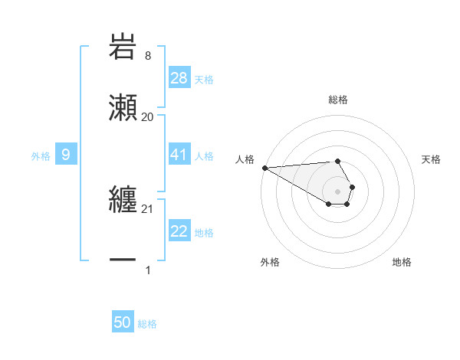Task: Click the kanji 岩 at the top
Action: (123, 47)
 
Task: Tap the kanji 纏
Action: (123, 201)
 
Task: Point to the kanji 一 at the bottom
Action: (123, 260)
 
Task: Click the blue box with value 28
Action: (179, 78)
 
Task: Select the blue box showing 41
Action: (179, 155)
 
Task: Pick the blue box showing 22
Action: (179, 232)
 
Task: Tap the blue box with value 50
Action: (123, 323)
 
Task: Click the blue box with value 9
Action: (66, 155)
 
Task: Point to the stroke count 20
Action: (147, 117)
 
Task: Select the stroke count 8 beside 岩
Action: (147, 56)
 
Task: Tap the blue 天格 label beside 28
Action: (204, 79)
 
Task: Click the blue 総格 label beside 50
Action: (147, 324)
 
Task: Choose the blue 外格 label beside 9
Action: (41, 156)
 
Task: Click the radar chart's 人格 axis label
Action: (245, 159)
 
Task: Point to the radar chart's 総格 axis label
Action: (338, 100)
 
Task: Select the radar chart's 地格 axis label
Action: (402, 262)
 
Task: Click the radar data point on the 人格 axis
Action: (264, 168)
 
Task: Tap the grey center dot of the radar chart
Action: (338, 191)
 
